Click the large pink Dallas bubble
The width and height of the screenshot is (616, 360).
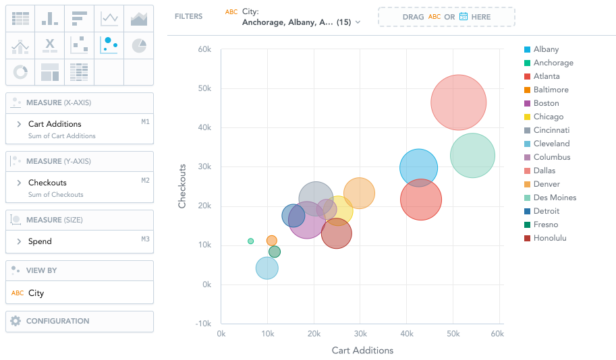(x=459, y=102)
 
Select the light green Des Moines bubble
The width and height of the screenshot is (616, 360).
(x=472, y=156)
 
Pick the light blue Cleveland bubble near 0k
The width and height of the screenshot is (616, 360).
(x=267, y=268)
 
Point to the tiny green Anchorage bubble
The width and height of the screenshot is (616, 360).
(x=251, y=241)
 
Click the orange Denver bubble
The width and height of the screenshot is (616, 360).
(x=359, y=193)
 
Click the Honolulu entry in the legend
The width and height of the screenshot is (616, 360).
(x=549, y=238)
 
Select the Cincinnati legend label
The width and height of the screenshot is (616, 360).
(x=551, y=130)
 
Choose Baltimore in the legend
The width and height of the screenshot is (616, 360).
(x=551, y=90)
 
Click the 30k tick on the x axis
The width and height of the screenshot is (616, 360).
(x=360, y=334)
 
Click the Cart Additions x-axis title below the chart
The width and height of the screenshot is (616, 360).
(x=362, y=351)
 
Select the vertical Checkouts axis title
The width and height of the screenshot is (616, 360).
(x=182, y=185)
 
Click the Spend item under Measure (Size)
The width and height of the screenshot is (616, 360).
(x=40, y=241)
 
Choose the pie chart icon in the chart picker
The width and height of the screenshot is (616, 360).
(x=138, y=46)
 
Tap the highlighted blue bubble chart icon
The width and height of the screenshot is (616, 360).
(x=109, y=45)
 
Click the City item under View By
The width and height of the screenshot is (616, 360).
(x=36, y=293)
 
